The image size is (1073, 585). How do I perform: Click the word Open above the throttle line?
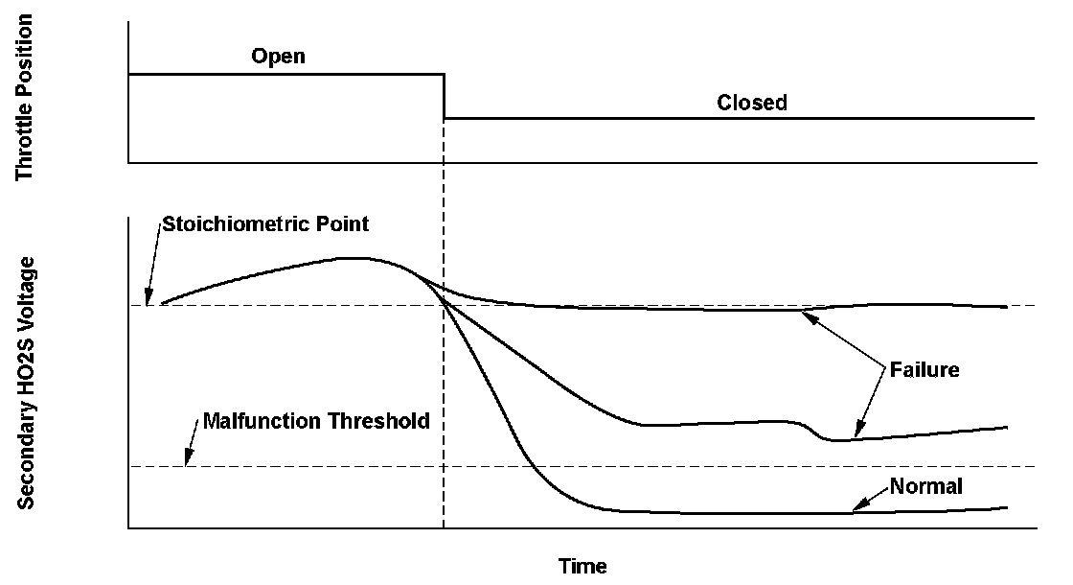coord(278,56)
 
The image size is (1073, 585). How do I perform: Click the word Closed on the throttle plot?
coord(752,103)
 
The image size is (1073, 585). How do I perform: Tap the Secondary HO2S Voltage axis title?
coord(27,382)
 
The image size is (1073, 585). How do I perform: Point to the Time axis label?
coord(582,566)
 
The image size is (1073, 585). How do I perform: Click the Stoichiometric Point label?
coord(265,224)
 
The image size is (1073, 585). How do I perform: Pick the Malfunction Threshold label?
coord(316,421)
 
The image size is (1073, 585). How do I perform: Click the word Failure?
coord(925,369)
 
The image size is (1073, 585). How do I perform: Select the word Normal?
coord(925,486)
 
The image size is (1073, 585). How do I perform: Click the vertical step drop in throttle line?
coord(444,96)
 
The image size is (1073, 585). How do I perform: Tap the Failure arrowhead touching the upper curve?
coord(807,316)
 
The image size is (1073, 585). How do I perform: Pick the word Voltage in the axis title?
coord(27,298)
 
